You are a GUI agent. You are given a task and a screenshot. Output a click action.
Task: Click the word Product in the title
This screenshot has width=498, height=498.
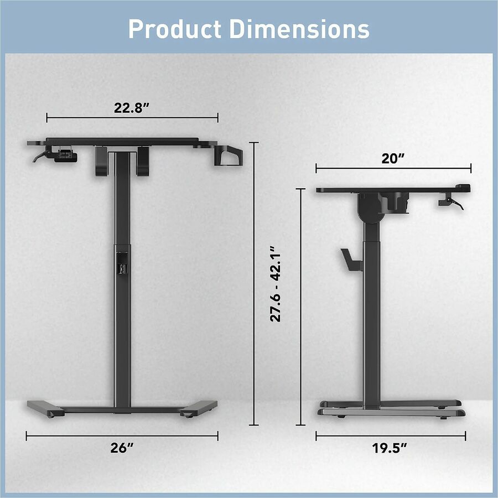tap(175, 29)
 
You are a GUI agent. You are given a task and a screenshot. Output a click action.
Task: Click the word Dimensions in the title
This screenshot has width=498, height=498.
tap(299, 29)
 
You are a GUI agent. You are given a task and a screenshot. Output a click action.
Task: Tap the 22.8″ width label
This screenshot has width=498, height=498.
tap(132, 108)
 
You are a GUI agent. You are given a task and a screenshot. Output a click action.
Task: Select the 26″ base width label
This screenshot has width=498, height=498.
tap(122, 448)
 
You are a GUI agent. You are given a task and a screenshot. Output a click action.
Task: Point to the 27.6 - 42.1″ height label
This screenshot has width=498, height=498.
tap(276, 283)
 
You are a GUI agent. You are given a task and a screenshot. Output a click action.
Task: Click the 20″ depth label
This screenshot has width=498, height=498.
tap(393, 158)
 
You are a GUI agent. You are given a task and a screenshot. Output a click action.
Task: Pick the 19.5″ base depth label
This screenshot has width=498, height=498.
tap(390, 448)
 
